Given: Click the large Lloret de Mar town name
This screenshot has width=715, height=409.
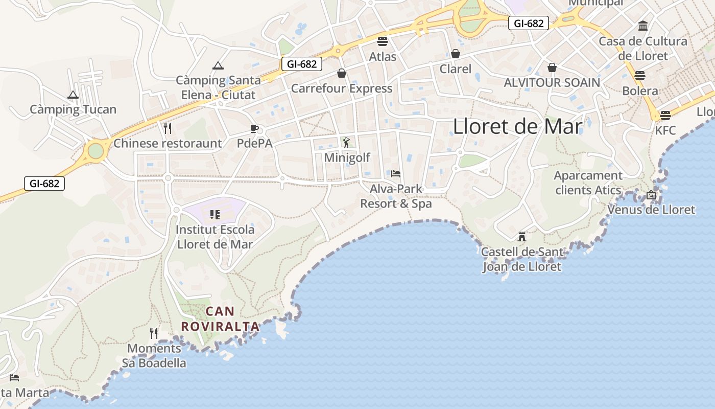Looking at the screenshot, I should [x=517, y=127].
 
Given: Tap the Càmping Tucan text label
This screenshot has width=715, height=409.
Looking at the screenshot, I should [x=73, y=109].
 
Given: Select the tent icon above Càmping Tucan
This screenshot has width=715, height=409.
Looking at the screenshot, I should [x=73, y=95].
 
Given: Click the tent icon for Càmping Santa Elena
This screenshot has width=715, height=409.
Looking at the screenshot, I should [x=218, y=65].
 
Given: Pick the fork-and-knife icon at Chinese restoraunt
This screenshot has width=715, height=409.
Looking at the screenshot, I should [x=167, y=127].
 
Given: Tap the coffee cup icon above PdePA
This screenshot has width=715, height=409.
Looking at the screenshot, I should [x=254, y=128].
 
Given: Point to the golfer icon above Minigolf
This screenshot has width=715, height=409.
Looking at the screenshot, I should [x=347, y=142].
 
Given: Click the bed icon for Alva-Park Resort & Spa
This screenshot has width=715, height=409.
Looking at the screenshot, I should [x=396, y=174].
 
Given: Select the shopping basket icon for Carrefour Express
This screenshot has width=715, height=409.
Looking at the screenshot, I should [x=342, y=74].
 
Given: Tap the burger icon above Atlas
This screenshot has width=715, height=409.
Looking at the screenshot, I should [x=383, y=41].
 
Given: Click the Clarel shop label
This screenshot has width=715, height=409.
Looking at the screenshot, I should [x=456, y=69].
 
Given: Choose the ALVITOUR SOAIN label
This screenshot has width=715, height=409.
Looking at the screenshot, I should [x=552, y=82].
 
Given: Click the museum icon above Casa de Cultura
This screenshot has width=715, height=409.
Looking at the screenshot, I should [x=643, y=26].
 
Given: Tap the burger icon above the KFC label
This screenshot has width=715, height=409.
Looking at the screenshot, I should [x=665, y=116].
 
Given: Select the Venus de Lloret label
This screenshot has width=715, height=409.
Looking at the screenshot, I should [x=651, y=210].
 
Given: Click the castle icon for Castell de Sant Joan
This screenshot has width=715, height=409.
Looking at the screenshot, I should [x=521, y=237].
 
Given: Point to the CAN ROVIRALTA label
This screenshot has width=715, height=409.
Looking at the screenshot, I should [x=220, y=319].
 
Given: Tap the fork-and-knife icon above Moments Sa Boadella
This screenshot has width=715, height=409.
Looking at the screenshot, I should [x=154, y=333].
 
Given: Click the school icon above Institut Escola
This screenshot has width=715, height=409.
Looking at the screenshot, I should [x=215, y=214].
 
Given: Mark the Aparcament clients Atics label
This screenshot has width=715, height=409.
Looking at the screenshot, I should [x=588, y=183].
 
